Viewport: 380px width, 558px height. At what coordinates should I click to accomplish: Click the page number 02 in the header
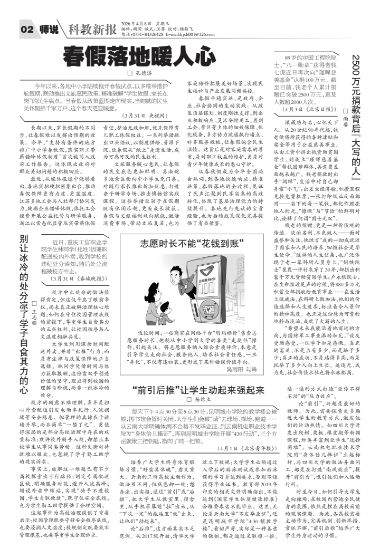point(27,30)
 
